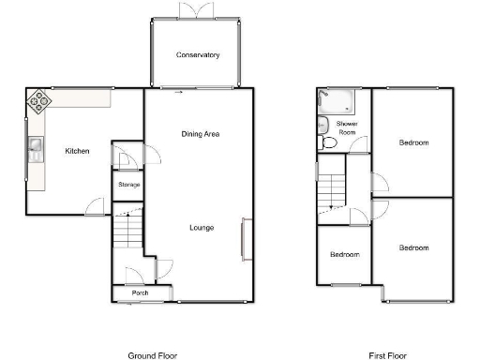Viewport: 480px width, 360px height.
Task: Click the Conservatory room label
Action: tap(198, 55)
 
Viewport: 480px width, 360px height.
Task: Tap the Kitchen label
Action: tap(77, 150)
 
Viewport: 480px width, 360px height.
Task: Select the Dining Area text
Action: tap(200, 135)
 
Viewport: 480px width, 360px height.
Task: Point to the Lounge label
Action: tap(201, 228)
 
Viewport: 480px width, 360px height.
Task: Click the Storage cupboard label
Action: tap(128, 185)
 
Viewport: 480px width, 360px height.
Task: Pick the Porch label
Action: tap(140, 293)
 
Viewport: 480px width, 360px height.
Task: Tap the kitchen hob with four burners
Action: tap(39, 100)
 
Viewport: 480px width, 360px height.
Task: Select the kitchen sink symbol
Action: tap(36, 146)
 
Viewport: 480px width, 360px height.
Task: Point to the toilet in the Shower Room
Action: tap(325, 143)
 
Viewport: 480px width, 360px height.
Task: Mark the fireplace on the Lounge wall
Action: tap(247, 237)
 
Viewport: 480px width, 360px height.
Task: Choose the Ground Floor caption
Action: tap(152, 355)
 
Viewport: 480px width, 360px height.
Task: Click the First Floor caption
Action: tap(387, 355)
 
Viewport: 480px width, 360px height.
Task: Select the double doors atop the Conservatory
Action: tap(198, 7)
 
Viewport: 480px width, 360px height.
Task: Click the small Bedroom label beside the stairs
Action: tap(343, 254)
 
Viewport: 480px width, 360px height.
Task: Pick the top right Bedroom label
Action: tap(413, 143)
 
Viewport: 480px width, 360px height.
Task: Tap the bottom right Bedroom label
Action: tap(413, 247)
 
